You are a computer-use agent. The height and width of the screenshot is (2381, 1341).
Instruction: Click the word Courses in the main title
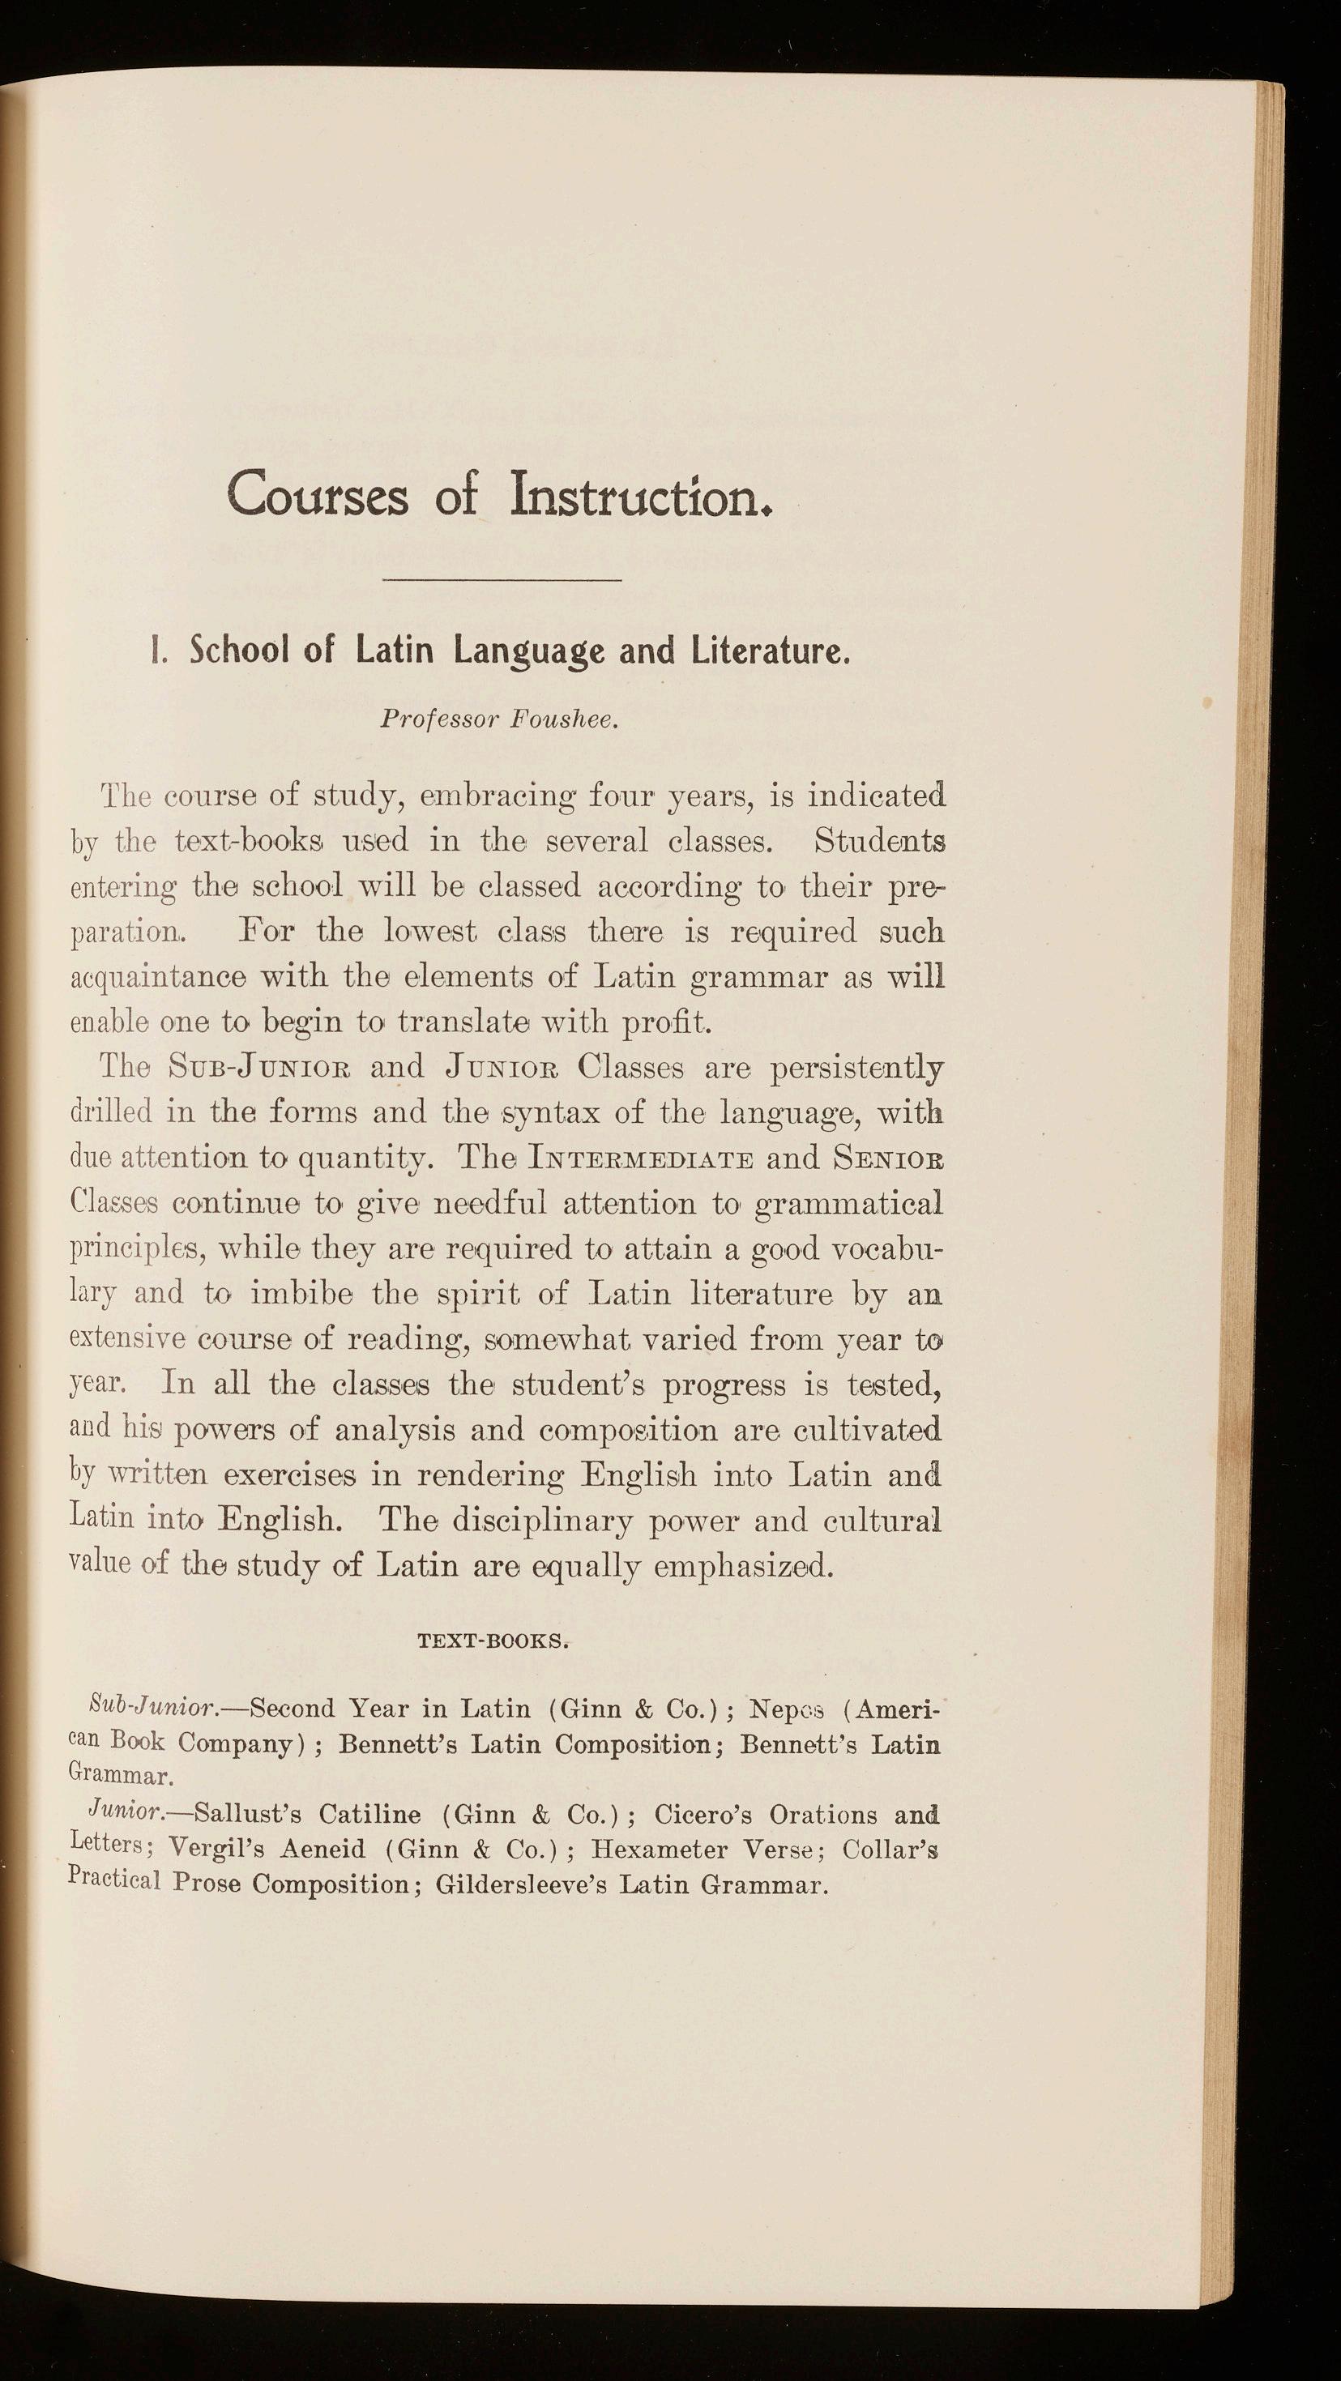pos(317,494)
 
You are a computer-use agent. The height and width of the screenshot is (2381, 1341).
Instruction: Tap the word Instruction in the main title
pos(638,494)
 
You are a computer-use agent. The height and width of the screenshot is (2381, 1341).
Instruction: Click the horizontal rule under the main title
pos(502,580)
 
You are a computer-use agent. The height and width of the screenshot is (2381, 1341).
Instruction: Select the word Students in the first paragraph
pos(879,842)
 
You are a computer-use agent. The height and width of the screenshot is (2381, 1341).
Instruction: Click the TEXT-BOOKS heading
pos(493,1642)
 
